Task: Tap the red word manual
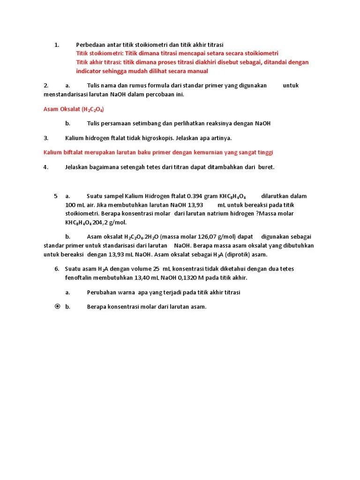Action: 198,71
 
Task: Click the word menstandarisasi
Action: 67,94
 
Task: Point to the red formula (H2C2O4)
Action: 92,109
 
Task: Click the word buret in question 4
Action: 267,167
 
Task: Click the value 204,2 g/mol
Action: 109,222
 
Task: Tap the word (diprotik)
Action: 239,255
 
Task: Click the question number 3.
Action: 46,138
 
